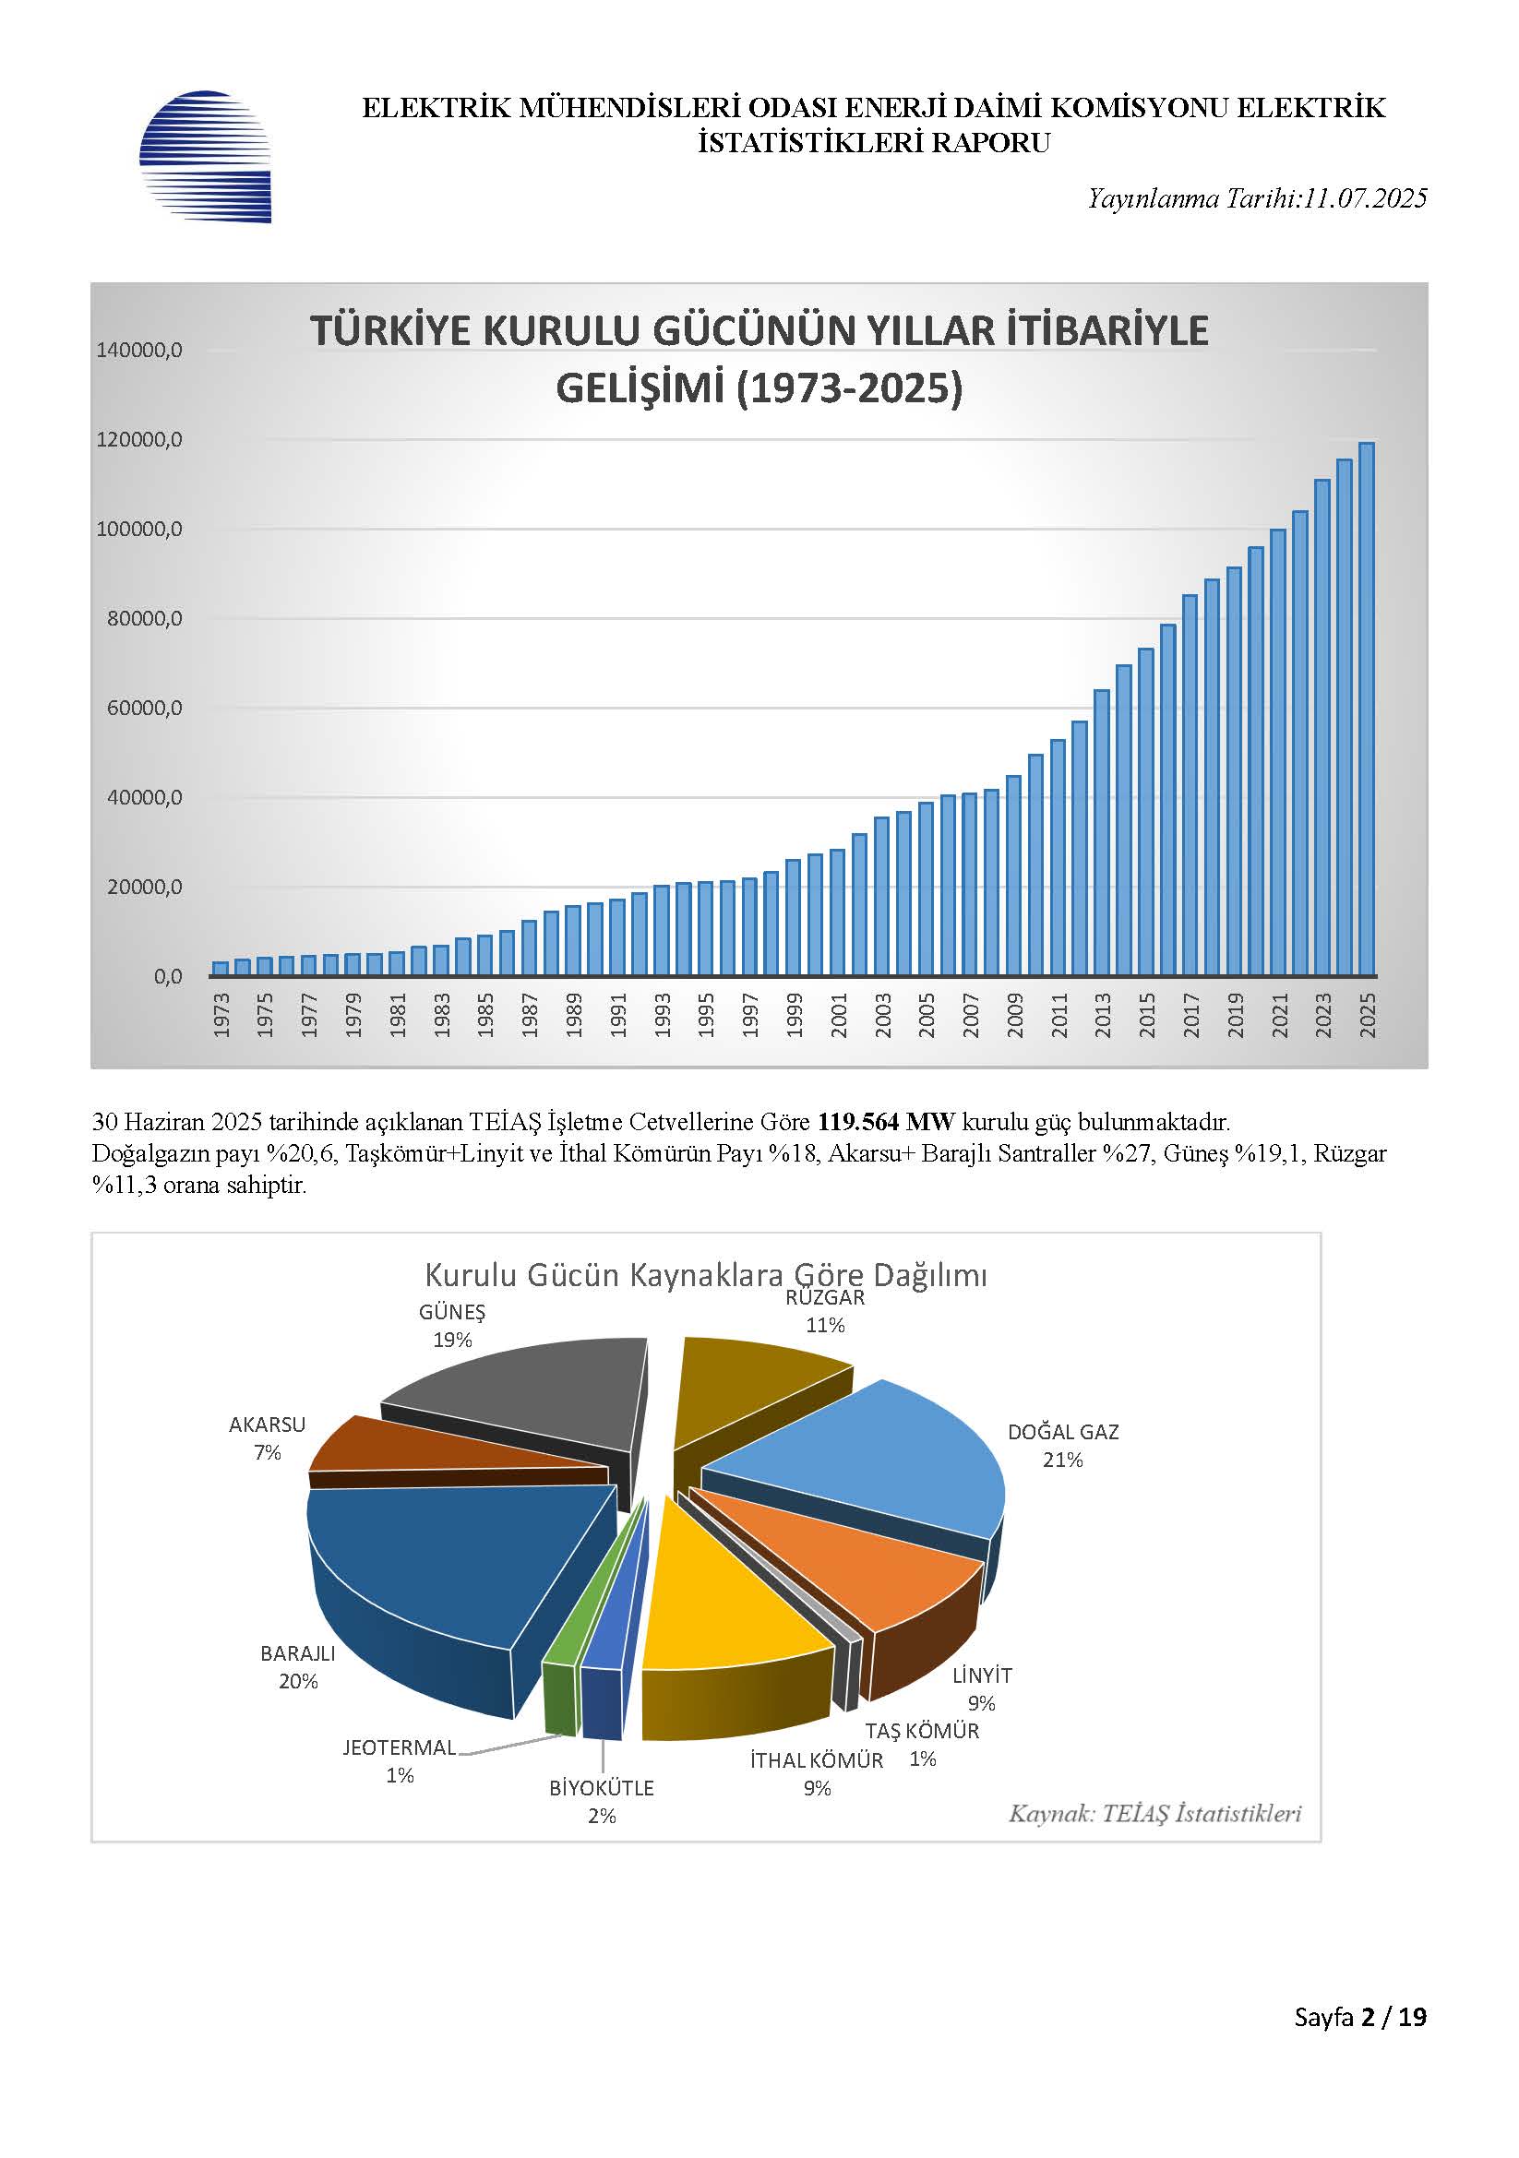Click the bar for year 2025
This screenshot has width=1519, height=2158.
pos(1367,709)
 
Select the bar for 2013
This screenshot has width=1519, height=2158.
pos(1102,833)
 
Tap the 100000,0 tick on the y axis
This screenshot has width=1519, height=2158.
pos(139,530)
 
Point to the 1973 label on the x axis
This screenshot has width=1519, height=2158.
pos(221,1015)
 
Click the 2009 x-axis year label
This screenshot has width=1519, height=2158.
pos(1015,1015)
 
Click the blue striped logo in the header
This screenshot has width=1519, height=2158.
pos(205,157)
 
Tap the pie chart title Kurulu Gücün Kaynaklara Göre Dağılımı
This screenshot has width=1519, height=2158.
pos(706,1275)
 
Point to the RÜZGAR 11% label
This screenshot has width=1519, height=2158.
pos(825,1312)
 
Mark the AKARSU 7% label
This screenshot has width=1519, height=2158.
pos(268,1438)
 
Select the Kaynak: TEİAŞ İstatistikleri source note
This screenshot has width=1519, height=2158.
pos(1155,1813)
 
